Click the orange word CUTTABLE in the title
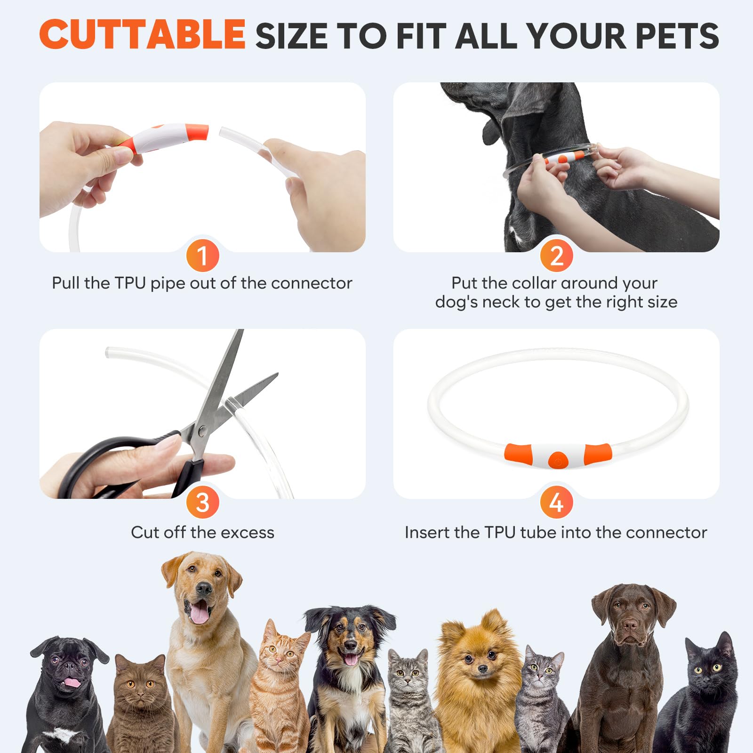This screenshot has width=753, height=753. pyautogui.click(x=142, y=34)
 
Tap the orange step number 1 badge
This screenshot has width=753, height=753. pyautogui.click(x=203, y=256)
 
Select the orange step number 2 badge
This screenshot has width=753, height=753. pyautogui.click(x=556, y=256)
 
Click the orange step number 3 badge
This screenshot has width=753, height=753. pyautogui.click(x=203, y=502)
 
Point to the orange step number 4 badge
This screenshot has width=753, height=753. pyautogui.click(x=556, y=502)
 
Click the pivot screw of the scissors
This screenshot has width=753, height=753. pyautogui.click(x=202, y=430)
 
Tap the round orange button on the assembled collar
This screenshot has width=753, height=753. pyautogui.click(x=558, y=460)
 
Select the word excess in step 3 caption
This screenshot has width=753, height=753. pyautogui.click(x=248, y=532)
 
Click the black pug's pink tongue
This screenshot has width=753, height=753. pyautogui.click(x=72, y=682)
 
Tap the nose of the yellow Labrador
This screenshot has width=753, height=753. pyautogui.click(x=204, y=588)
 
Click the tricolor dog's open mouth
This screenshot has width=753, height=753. pyautogui.click(x=351, y=658)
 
